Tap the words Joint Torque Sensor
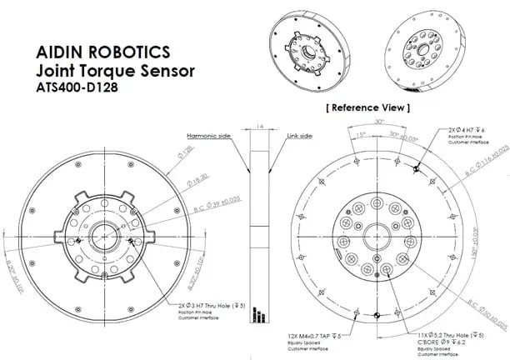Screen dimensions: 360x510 pyautogui.click(x=108, y=67)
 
